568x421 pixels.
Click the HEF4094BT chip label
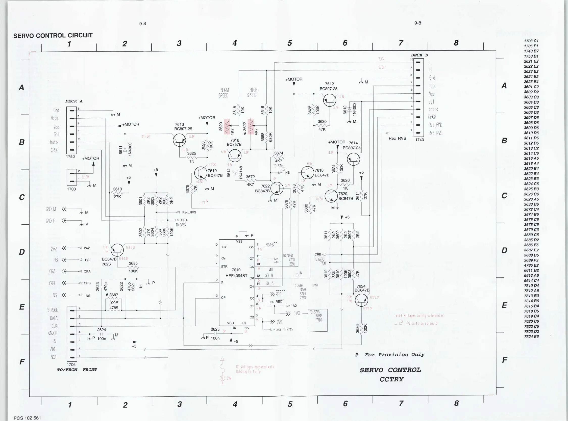pyautogui.click(x=236, y=276)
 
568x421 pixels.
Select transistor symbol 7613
pyautogui.click(x=179, y=140)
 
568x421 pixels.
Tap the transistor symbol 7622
pyautogui.click(x=277, y=188)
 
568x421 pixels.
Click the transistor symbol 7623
pyautogui.click(x=117, y=250)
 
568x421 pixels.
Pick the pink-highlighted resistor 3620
pyautogui.click(x=227, y=126)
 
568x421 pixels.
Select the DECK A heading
pyautogui.click(x=74, y=101)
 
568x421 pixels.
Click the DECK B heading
pyautogui.click(x=419, y=55)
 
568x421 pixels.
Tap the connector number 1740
pyautogui.click(x=419, y=140)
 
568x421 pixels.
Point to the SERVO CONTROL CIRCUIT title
pyautogui.click(x=53, y=35)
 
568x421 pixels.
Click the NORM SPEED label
pyautogui.click(x=224, y=93)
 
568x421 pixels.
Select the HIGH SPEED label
pyautogui.click(x=252, y=93)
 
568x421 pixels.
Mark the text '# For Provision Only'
pyautogui.click(x=390, y=355)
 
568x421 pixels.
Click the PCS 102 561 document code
pyautogui.click(x=27, y=418)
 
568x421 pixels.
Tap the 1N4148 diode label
pyautogui.click(x=241, y=173)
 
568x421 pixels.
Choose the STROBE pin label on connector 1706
pyautogui.click(x=53, y=310)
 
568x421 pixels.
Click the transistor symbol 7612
pyautogui.click(x=329, y=100)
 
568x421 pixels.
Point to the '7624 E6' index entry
pyautogui.click(x=531, y=337)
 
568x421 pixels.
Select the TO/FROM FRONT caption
pyautogui.click(x=77, y=370)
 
